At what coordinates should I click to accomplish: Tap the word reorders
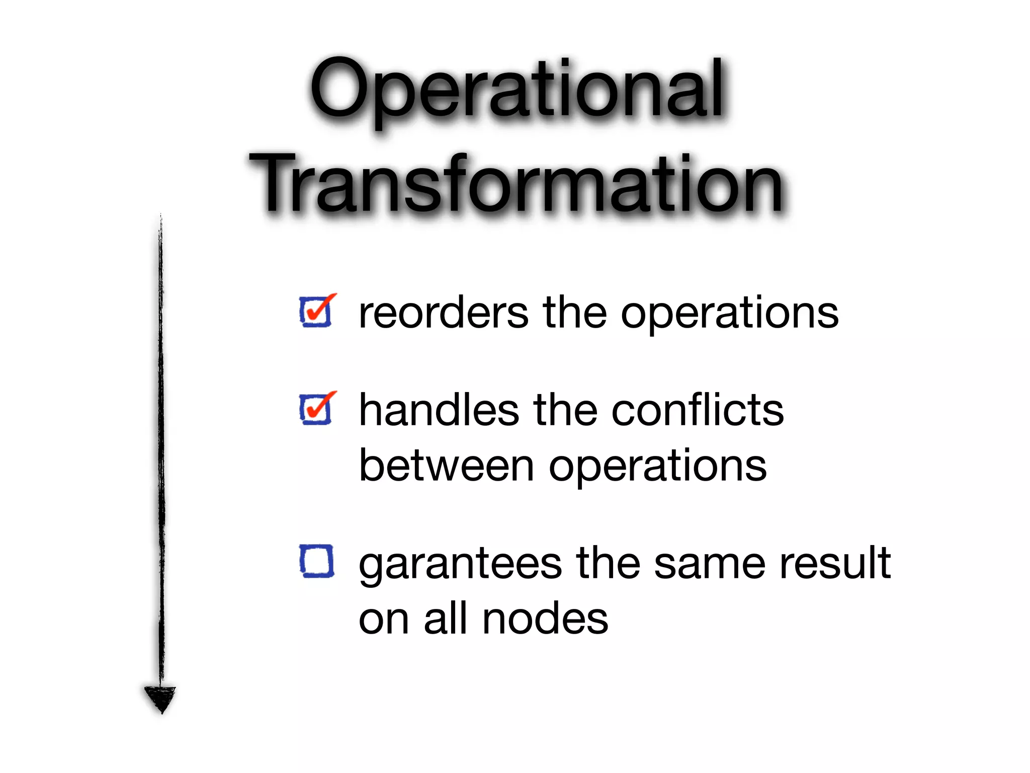click(443, 313)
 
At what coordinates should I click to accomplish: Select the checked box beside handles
click(316, 409)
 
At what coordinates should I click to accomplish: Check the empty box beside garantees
click(316, 561)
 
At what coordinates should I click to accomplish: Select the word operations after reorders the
click(730, 315)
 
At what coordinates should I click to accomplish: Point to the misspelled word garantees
click(460, 565)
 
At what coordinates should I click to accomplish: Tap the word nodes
click(545, 619)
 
